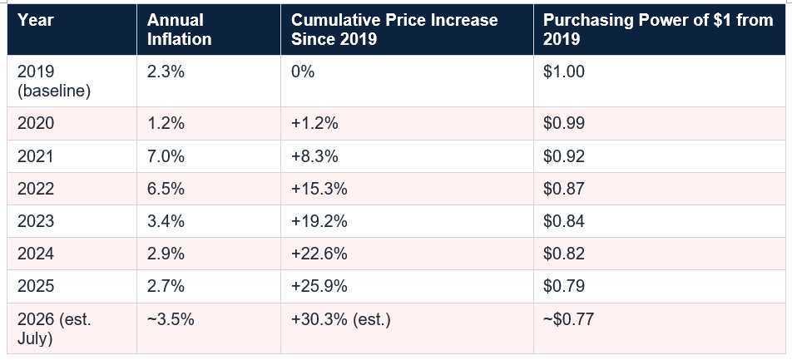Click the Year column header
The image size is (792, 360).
(35, 20)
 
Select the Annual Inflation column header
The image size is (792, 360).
(180, 29)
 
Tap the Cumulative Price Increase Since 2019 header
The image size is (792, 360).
(394, 29)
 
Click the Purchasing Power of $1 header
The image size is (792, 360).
(658, 29)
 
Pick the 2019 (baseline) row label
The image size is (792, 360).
(54, 81)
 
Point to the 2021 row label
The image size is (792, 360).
(35, 156)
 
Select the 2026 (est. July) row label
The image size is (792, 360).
(54, 328)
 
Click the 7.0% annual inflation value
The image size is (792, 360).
(166, 156)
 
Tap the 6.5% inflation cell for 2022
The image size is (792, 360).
(166, 189)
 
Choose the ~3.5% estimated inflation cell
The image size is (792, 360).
(171, 319)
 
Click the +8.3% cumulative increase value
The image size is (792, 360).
(314, 156)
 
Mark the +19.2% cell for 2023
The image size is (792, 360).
(319, 221)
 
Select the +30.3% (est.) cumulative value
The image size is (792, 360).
(341, 319)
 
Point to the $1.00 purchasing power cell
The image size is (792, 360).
(564, 72)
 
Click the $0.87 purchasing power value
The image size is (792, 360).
(564, 189)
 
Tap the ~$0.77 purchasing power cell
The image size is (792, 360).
(569, 319)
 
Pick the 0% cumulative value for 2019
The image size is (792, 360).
(303, 72)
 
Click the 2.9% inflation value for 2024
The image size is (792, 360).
(166, 254)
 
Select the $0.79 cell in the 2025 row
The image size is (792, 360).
(564, 286)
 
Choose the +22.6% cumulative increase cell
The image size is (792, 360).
(319, 254)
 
